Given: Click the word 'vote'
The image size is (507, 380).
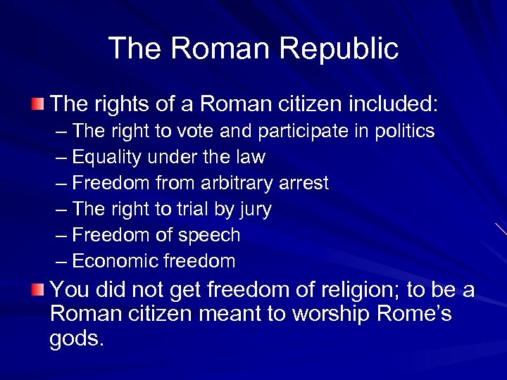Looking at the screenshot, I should (x=192, y=132).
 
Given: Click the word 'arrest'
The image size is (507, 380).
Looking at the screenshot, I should (x=303, y=184).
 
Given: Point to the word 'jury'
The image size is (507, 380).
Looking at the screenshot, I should (x=255, y=210).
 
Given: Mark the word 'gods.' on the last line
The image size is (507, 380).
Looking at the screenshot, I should (x=77, y=339).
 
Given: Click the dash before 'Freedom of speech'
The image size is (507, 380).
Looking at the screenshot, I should (x=61, y=236).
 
